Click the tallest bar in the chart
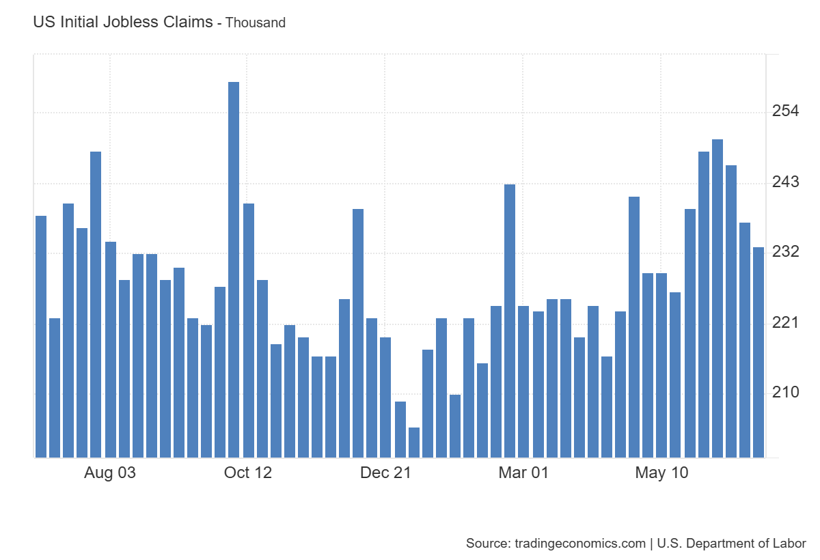point(234,270)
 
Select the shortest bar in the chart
point(413,443)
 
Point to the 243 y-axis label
point(785,182)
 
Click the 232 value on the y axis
point(785,252)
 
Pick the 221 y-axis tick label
point(785,322)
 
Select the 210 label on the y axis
point(785,393)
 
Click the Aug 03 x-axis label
point(110,473)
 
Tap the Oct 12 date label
point(247,473)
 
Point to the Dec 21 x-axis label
point(385,473)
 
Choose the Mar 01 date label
point(523,473)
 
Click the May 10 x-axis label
point(661,473)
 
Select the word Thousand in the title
point(256,23)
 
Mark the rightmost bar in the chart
point(758,352)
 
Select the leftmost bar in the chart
point(41,336)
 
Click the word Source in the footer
point(486,544)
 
